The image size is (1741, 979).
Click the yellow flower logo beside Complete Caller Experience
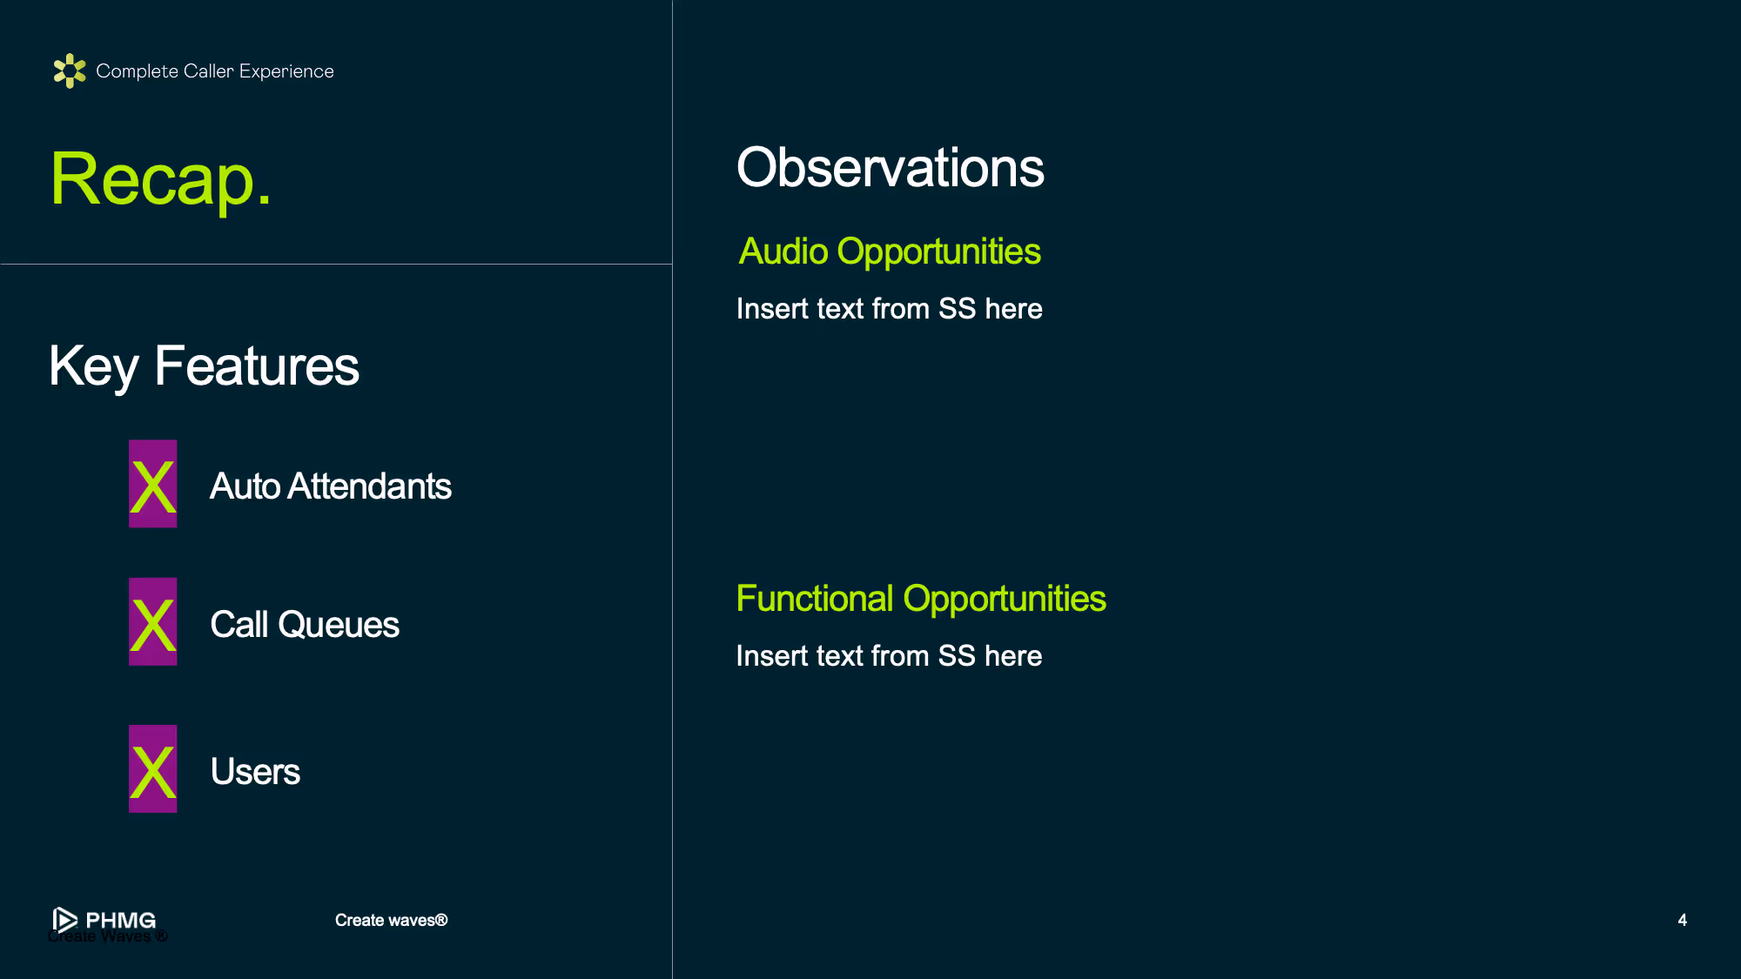(x=70, y=70)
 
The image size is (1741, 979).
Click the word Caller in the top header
(x=209, y=71)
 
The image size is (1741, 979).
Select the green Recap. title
(x=161, y=180)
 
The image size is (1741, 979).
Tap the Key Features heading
(x=204, y=366)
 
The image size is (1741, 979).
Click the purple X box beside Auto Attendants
(x=153, y=484)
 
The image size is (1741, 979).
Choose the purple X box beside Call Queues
(x=153, y=622)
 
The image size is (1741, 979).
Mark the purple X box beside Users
(x=153, y=769)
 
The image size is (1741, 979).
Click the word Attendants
(x=369, y=486)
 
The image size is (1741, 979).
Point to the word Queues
(x=339, y=626)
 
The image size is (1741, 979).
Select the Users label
(x=255, y=772)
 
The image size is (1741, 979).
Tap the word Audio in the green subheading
(x=783, y=251)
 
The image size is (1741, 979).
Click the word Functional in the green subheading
(x=815, y=599)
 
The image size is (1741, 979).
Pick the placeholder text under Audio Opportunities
(x=889, y=309)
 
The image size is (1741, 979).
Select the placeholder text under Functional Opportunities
(x=889, y=656)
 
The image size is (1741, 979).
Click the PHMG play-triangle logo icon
(x=64, y=920)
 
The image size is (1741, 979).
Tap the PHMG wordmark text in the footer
(x=121, y=920)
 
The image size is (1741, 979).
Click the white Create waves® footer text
(x=391, y=921)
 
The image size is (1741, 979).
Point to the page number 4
(x=1682, y=921)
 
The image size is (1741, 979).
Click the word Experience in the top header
(x=286, y=72)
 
